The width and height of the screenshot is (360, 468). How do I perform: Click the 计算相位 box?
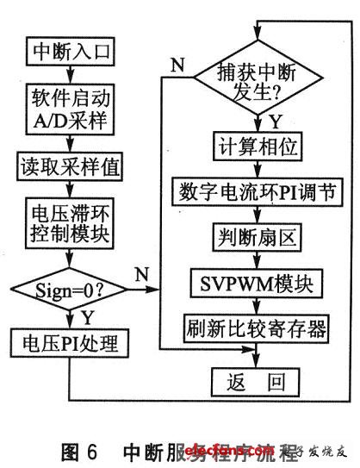pos(255,147)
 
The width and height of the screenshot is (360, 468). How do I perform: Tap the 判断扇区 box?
pos(255,235)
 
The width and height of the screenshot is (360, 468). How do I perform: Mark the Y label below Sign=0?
pos(89,319)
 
